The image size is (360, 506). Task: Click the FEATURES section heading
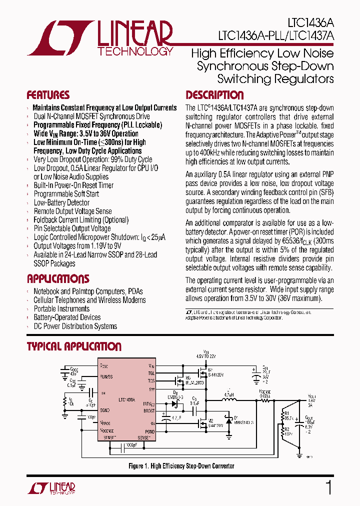pos(48,95)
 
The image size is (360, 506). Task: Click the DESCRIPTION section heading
pos(214,95)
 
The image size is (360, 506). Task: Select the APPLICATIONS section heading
pos(58,279)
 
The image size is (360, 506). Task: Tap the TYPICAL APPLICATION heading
pos(74,346)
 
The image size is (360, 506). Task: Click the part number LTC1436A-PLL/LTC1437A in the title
pos(276,36)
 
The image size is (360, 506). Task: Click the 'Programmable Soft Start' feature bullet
pos(66,194)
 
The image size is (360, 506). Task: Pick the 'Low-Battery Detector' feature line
pos(61,202)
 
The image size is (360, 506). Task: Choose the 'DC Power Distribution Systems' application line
pos(75,326)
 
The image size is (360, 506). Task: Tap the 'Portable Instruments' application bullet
pos(61,308)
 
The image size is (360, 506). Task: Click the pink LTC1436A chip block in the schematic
pos(127,400)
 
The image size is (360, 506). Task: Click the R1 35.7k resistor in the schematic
pos(286,415)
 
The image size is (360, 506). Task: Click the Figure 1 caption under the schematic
pos(181,466)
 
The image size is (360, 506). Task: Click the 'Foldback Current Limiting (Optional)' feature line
pos(81,220)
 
